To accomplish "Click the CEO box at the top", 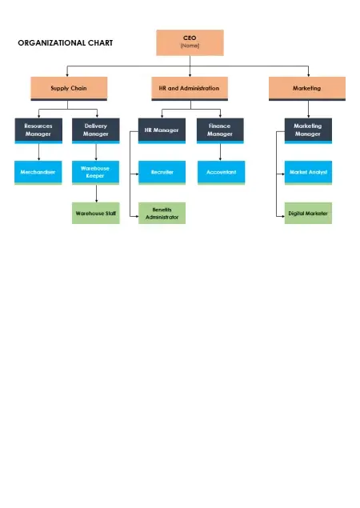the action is (190, 42).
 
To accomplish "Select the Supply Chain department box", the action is (69, 89).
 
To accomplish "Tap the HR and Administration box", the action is (190, 89).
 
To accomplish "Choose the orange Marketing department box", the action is (307, 89).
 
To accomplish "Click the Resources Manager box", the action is (38, 130).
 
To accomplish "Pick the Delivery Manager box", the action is (95, 130).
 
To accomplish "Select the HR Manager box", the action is (162, 130).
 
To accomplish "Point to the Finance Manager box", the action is (220, 130).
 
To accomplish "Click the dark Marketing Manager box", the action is (308, 130).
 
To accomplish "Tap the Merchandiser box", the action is (38, 173).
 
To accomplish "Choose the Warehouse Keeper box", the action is (95, 173).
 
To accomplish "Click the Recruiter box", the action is (162, 173).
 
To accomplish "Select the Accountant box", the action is (222, 173).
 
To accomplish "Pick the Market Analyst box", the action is (308, 173).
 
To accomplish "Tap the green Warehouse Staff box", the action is (95, 213).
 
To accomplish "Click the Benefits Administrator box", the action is (162, 213).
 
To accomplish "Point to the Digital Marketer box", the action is (308, 213).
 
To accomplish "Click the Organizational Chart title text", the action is (66, 42).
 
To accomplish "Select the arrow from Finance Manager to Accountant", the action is (220, 152).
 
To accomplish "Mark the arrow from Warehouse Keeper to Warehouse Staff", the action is (96, 194).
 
